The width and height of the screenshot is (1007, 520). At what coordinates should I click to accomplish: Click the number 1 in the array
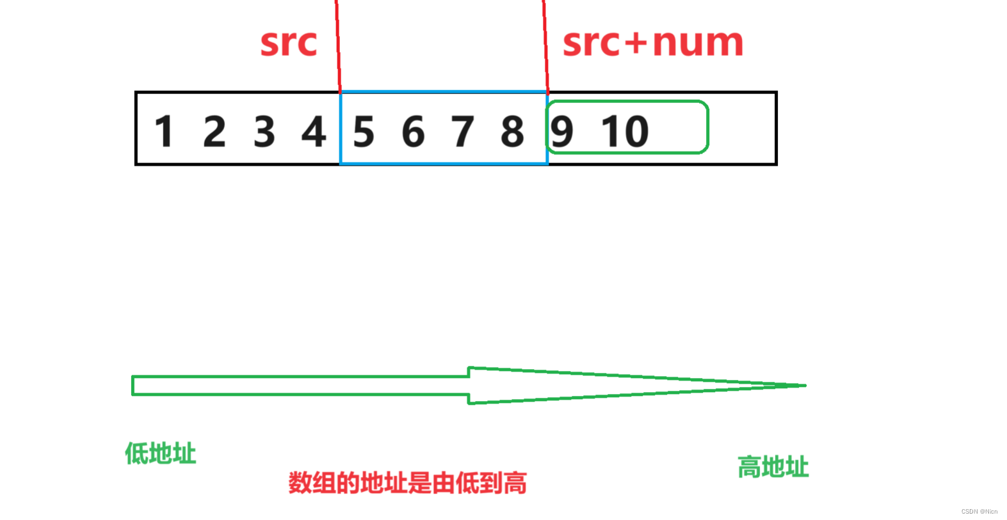164,131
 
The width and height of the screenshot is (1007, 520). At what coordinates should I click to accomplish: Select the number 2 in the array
214,131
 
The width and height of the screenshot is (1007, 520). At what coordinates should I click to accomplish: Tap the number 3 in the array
264,131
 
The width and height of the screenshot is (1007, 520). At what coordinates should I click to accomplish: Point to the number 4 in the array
314,131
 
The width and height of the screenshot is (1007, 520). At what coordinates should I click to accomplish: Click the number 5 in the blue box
364,132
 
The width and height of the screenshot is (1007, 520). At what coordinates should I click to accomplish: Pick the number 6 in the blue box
413,132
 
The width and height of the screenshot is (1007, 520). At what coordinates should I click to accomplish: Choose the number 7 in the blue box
463,132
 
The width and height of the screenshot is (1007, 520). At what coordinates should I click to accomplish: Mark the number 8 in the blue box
512,132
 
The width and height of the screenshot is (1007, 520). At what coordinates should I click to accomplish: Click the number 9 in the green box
562,132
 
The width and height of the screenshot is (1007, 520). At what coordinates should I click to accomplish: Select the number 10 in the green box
625,132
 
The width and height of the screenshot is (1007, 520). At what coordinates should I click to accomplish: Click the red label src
289,43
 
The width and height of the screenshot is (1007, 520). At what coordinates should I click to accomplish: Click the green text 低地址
160,453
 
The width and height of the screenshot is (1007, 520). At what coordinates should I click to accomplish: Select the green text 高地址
773,467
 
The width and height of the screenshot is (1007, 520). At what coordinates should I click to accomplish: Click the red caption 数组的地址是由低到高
407,483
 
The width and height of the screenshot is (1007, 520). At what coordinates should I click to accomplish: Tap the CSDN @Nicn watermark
979,512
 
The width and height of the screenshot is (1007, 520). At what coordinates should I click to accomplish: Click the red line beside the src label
337,45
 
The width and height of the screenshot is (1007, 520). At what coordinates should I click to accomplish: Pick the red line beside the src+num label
545,45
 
